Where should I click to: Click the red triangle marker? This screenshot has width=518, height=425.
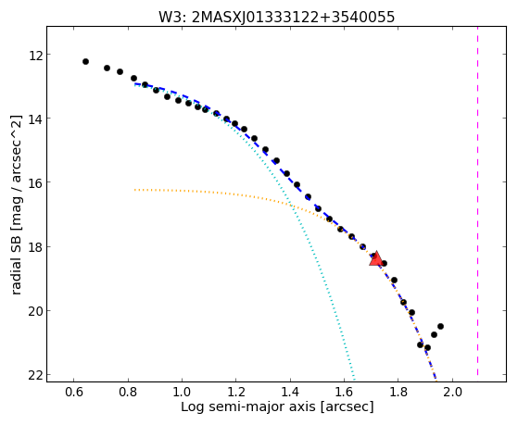376,258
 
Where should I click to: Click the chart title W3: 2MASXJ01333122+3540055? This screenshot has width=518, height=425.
276,17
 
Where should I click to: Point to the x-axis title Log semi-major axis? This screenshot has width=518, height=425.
247,406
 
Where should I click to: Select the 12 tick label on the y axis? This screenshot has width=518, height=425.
35,55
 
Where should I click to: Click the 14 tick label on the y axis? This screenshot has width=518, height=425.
35,119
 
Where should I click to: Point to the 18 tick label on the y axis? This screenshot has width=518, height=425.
35,247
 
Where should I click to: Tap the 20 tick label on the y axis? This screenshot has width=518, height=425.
35,311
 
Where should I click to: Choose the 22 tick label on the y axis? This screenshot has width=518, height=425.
35,375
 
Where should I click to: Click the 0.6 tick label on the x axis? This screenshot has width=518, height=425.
73,392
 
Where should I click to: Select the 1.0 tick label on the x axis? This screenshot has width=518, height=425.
182,392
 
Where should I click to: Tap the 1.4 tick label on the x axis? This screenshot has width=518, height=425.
290,392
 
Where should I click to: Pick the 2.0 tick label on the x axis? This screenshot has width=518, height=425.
452,392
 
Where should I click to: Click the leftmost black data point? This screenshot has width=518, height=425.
85,61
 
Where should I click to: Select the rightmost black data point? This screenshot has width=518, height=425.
440,326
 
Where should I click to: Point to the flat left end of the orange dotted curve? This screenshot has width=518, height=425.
135,190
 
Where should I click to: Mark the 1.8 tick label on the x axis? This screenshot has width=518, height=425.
398,392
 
